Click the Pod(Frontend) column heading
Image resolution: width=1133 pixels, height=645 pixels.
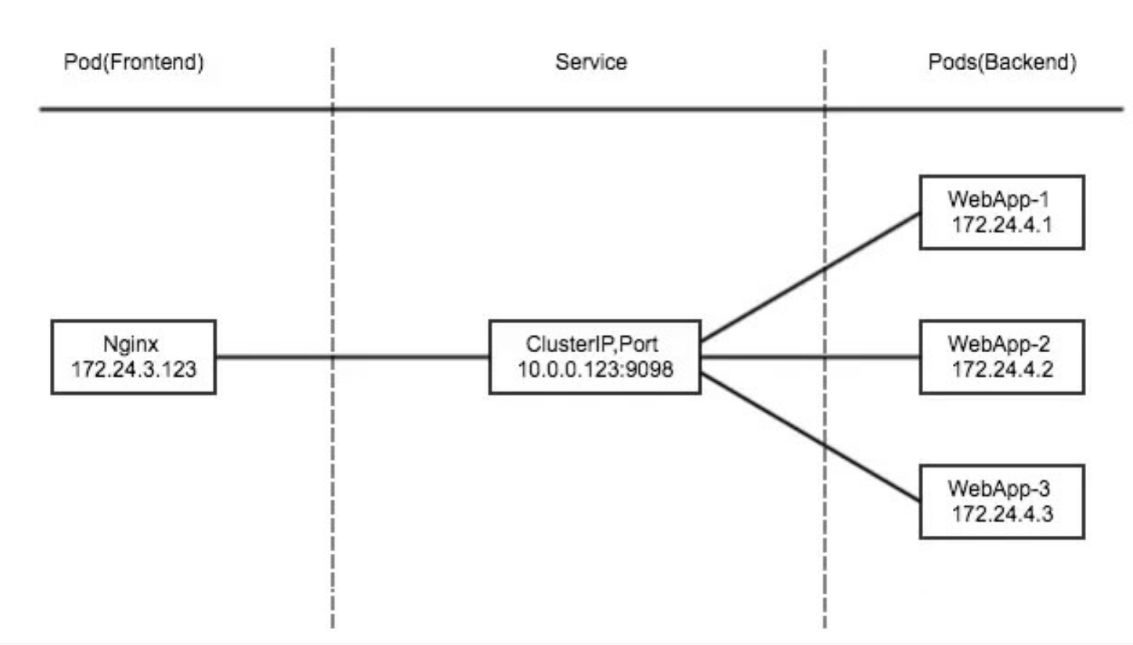tap(134, 62)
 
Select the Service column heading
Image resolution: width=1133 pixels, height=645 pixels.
tap(591, 62)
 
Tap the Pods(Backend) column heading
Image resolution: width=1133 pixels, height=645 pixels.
tap(1002, 62)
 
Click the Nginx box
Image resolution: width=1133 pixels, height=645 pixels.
tap(133, 357)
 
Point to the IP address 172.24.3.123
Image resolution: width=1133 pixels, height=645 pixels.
tap(134, 370)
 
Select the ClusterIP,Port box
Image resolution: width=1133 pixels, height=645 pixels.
tap(595, 357)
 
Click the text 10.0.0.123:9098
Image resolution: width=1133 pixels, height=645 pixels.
tap(595, 370)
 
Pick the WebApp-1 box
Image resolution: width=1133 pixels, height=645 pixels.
tap(1001, 212)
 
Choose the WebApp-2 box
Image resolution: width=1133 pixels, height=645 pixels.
tap(1001, 357)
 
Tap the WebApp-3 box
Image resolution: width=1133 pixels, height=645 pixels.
tap(1001, 502)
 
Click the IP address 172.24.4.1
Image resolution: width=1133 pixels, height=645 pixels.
tap(1002, 225)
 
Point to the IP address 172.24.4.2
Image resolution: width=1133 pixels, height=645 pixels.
tap(1002, 370)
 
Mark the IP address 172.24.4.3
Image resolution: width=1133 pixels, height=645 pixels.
tap(1002, 514)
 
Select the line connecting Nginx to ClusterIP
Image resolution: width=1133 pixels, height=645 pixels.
tap(405, 356)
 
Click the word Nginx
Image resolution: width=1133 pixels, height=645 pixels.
tap(131, 344)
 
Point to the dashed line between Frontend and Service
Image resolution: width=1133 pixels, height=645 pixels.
tap(333, 217)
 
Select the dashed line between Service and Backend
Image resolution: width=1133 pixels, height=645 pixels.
tap(825, 181)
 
